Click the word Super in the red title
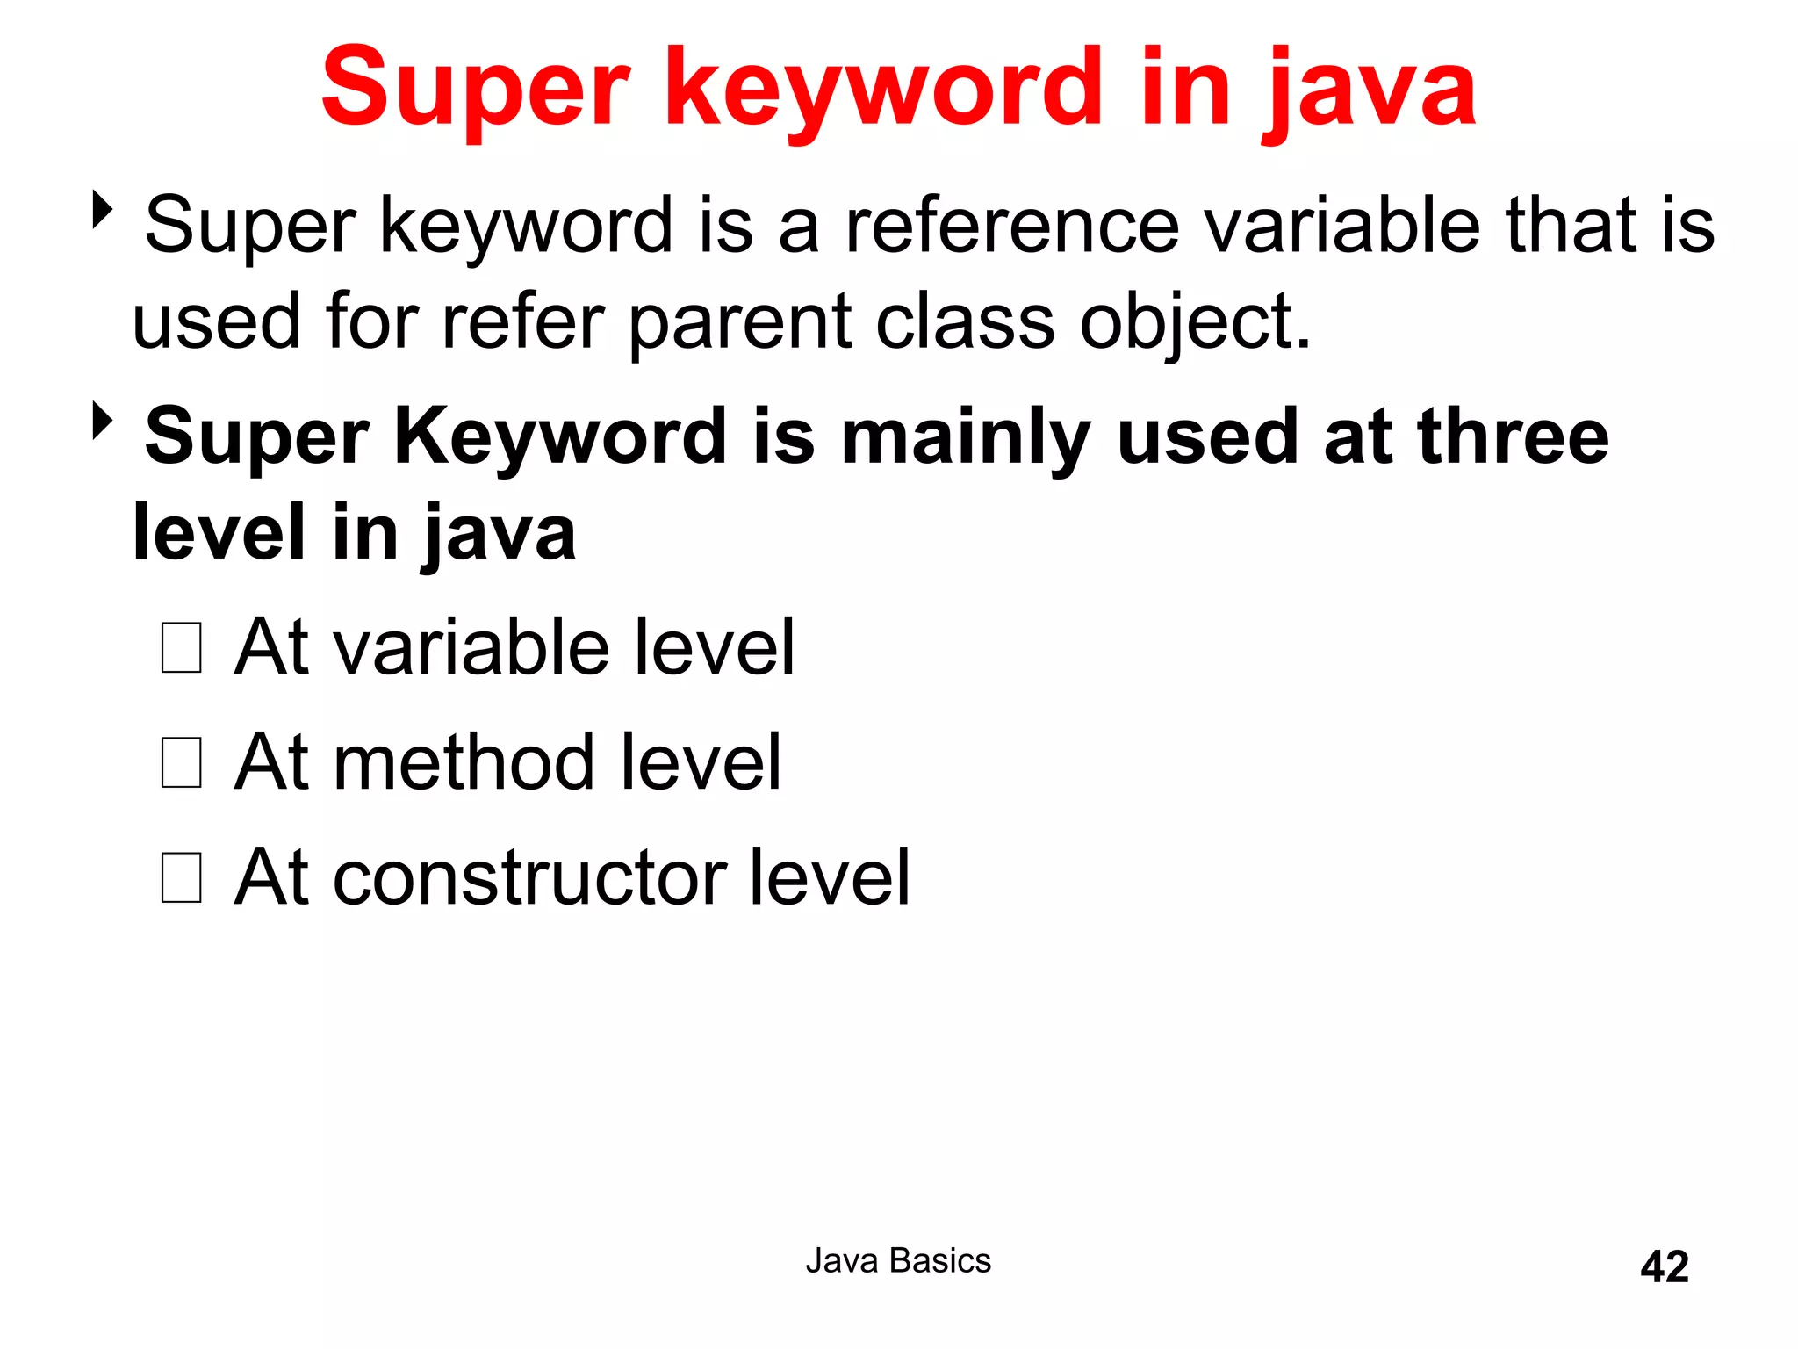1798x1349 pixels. (x=475, y=88)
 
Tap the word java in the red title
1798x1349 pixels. (x=1370, y=91)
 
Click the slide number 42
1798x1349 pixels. (x=1664, y=1266)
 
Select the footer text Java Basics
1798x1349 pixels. (x=898, y=1261)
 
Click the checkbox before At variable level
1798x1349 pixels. (x=182, y=648)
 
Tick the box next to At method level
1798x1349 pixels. (x=182, y=762)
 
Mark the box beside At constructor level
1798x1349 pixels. (x=182, y=877)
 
